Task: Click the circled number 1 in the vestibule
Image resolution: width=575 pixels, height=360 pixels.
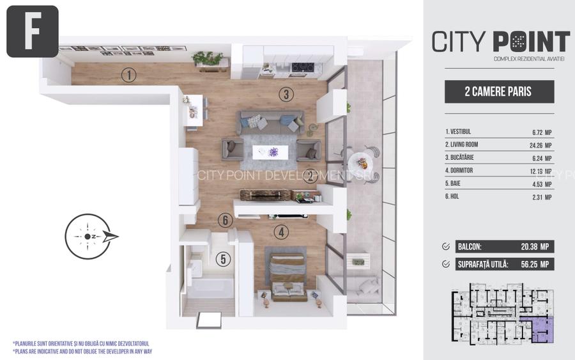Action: (x=129, y=75)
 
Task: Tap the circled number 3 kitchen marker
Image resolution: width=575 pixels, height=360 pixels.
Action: (x=286, y=95)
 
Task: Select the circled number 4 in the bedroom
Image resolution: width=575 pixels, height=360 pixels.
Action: (x=282, y=232)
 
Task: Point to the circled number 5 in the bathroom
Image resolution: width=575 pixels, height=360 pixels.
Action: (x=222, y=260)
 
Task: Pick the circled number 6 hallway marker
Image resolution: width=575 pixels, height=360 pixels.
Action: (x=223, y=220)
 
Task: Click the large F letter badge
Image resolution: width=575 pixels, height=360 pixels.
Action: (x=33, y=31)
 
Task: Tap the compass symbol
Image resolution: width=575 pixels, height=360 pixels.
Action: (x=89, y=236)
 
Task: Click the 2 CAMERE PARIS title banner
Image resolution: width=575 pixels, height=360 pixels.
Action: (x=499, y=91)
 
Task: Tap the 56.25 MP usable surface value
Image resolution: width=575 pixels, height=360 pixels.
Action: (x=535, y=264)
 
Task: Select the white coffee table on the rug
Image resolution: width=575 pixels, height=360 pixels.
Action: (x=270, y=152)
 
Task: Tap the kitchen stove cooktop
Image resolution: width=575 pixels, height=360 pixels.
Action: (x=302, y=67)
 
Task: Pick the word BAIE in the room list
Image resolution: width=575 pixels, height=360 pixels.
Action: (x=454, y=184)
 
